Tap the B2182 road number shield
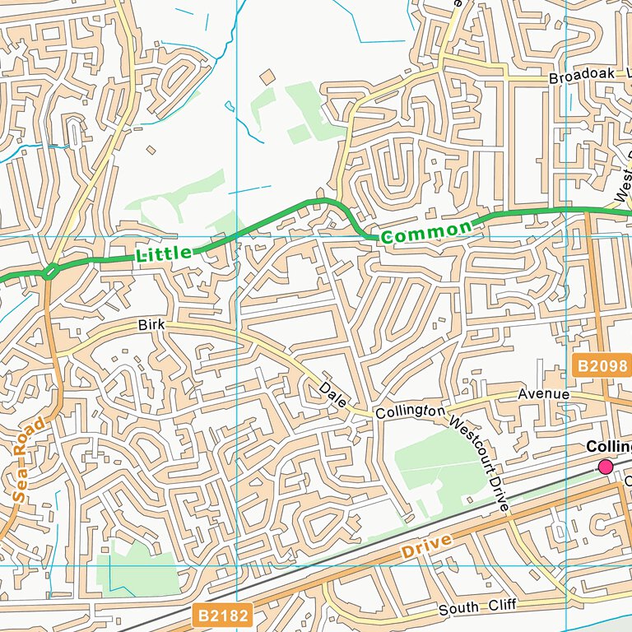221,615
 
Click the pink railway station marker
606,467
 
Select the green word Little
164,254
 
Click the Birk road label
151,326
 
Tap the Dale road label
333,394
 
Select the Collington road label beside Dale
410,411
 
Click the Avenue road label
543,395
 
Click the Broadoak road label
583,76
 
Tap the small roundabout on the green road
51,271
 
